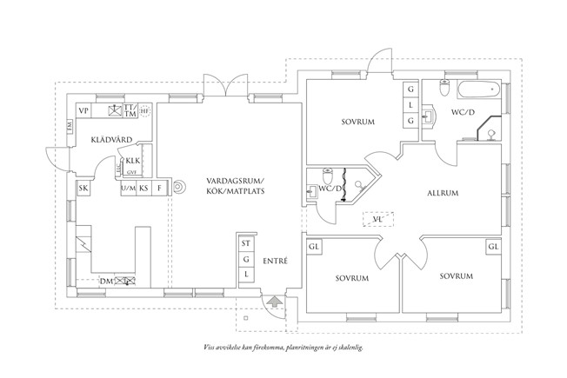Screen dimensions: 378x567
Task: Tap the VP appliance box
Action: tap(84, 111)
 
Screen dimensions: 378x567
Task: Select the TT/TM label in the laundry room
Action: tap(130, 111)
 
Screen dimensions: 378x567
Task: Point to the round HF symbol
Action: tap(145, 111)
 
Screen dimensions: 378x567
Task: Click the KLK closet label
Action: tap(132, 162)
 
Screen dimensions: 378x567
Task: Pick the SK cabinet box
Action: tap(84, 188)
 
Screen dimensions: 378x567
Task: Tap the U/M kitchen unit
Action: tap(127, 188)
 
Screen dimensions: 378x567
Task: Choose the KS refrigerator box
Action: tap(144, 188)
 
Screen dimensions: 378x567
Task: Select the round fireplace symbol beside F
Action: tap(178, 186)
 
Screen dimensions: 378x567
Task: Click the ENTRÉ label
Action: tap(275, 261)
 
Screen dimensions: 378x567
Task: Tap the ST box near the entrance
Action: tap(246, 244)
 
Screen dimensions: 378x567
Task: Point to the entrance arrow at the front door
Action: tap(274, 303)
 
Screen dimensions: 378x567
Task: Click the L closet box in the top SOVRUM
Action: tap(410, 105)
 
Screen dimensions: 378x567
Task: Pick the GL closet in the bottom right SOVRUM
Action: tap(494, 247)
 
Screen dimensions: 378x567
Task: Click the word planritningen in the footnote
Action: tap(316, 346)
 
